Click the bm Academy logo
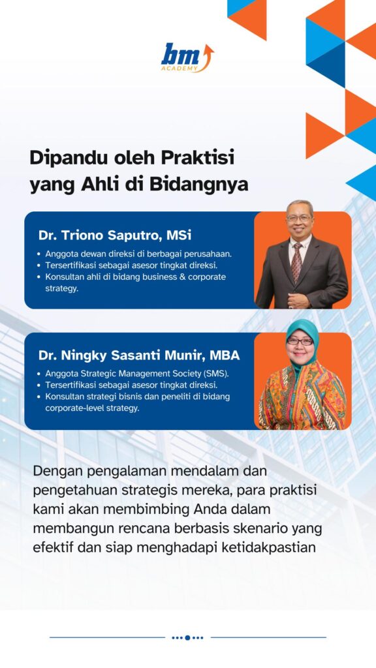point(187,57)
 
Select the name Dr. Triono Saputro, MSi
point(115,235)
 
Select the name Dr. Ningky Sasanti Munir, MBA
point(139,356)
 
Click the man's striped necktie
point(297,262)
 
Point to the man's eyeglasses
point(299,218)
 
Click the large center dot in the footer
point(187,638)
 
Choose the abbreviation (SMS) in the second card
point(216,374)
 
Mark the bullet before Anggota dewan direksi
point(40,254)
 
